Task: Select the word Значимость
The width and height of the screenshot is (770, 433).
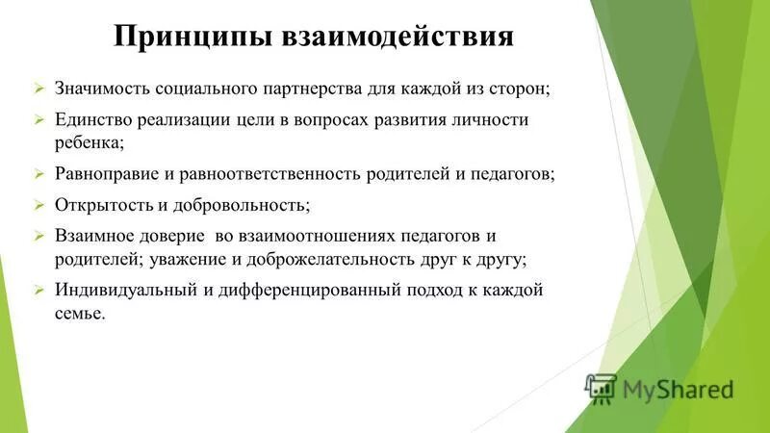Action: click(103, 89)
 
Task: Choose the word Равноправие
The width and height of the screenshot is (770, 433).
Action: click(111, 175)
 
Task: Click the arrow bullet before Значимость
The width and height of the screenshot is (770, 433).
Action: click(39, 89)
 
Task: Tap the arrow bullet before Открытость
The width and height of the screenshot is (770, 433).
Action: click(39, 205)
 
